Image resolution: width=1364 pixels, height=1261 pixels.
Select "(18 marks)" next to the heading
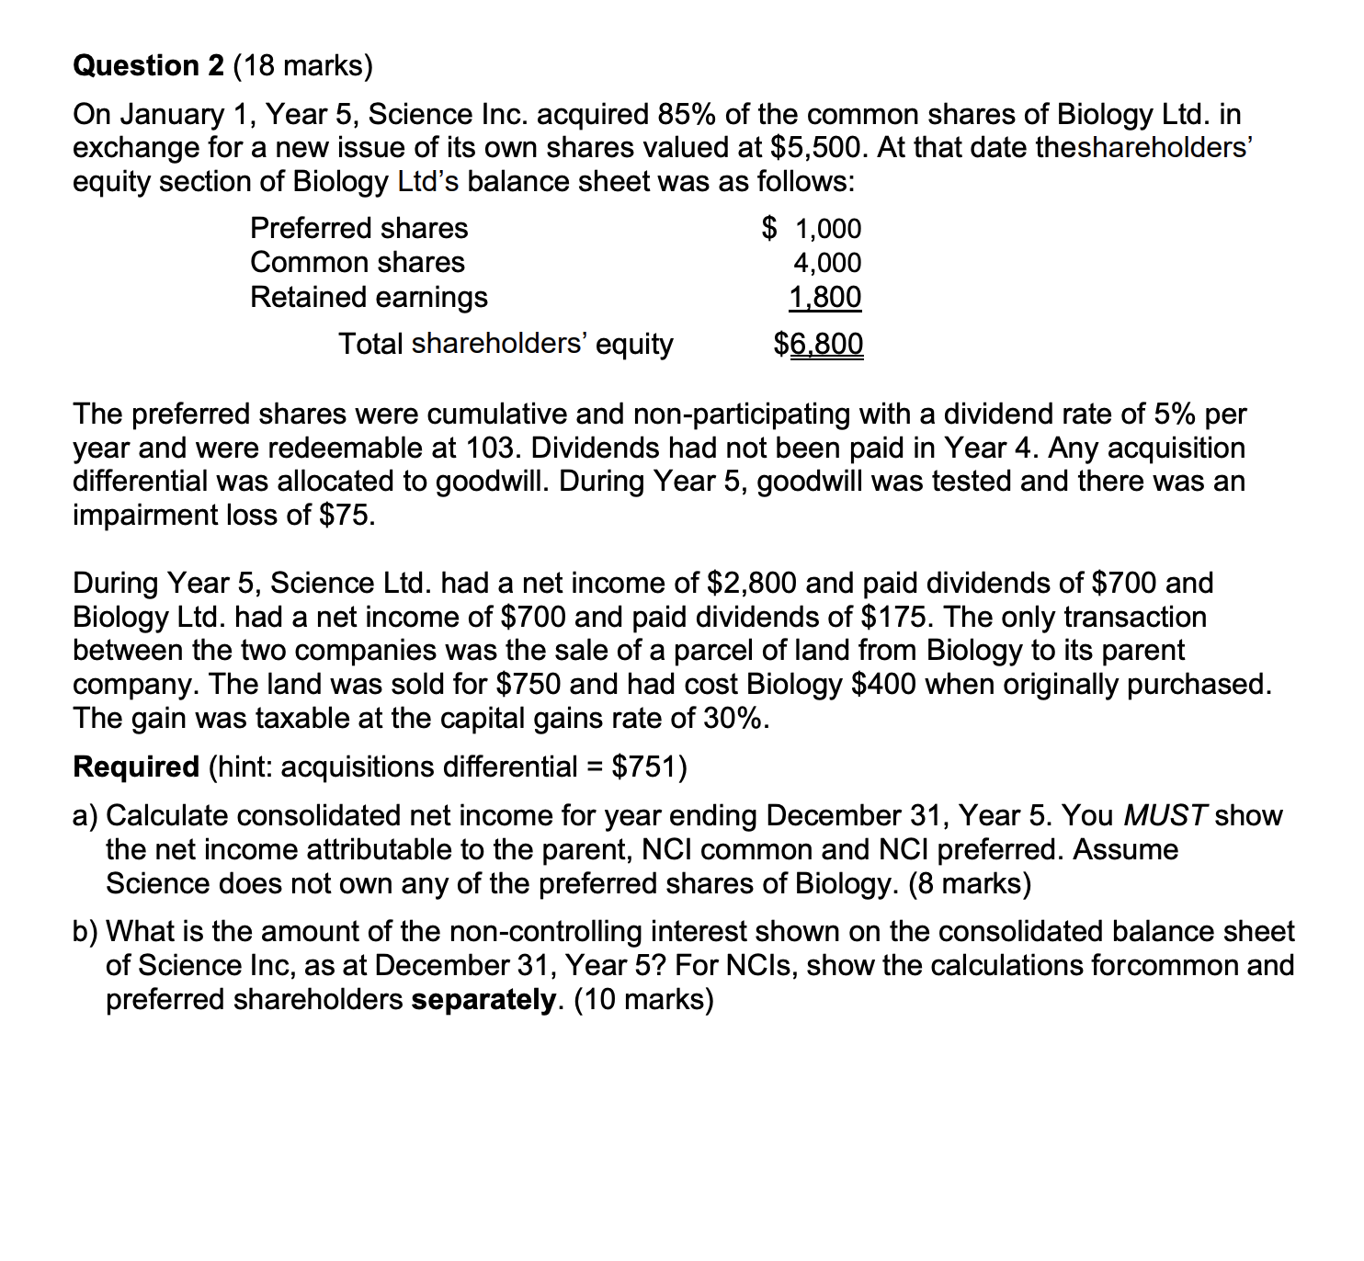(x=303, y=66)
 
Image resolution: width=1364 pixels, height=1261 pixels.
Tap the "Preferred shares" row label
(x=358, y=228)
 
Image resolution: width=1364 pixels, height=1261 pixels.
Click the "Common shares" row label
(x=357, y=263)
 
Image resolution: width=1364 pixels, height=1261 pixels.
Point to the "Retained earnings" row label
(x=369, y=298)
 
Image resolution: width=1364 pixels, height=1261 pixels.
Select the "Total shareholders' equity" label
(x=506, y=344)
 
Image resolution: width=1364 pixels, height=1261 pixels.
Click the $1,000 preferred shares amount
(x=813, y=228)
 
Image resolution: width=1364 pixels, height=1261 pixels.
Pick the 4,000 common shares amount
(x=827, y=263)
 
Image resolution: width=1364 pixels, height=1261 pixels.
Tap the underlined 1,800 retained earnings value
(x=825, y=298)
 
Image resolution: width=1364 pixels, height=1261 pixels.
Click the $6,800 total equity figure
(x=818, y=344)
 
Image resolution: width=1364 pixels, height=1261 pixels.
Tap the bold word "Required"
(x=136, y=767)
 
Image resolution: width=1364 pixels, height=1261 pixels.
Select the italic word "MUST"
(x=1165, y=815)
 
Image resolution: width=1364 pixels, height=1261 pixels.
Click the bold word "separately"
(x=483, y=1000)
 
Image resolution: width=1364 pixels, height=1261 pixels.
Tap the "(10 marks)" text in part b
(x=643, y=1000)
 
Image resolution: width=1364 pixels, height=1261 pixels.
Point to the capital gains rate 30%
(x=732, y=718)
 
